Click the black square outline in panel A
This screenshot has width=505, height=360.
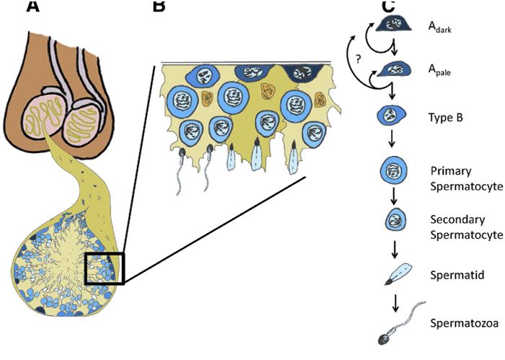[104, 268]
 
